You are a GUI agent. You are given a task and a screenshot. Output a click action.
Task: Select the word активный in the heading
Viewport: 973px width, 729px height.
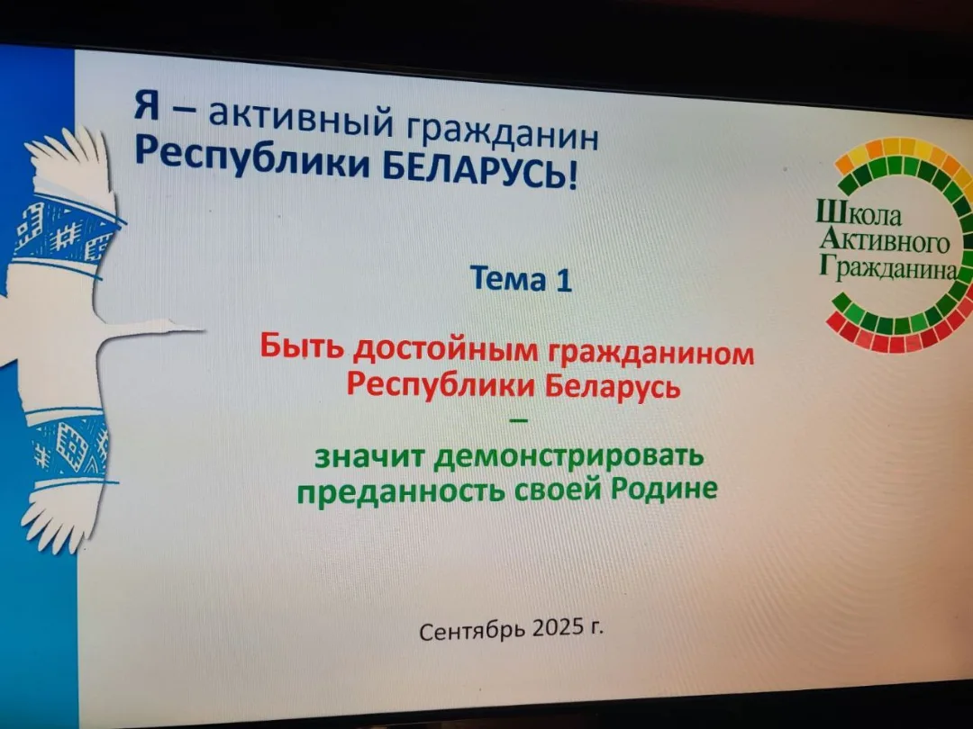pos(300,116)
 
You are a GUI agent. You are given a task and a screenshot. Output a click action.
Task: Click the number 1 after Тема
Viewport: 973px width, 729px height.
pos(563,282)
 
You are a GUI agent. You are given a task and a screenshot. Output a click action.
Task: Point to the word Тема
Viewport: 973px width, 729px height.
pos(508,278)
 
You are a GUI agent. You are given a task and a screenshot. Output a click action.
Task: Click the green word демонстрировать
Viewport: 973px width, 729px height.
pos(569,458)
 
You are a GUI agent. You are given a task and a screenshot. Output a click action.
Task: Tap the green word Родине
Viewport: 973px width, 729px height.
pos(664,489)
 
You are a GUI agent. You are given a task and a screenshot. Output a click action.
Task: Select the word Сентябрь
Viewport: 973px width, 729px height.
pos(472,630)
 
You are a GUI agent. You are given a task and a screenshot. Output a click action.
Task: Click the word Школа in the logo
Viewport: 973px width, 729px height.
pos(859,214)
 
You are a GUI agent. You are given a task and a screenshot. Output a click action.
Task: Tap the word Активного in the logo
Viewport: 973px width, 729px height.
pos(885,241)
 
